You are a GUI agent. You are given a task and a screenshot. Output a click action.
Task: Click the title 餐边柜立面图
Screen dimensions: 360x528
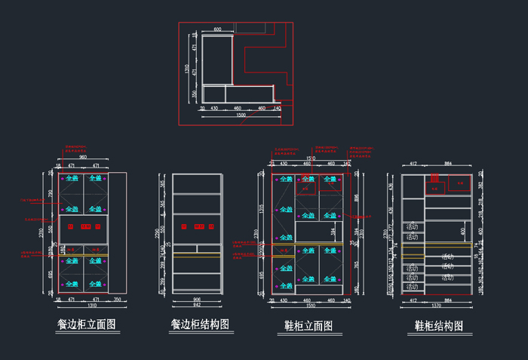(x=86, y=325)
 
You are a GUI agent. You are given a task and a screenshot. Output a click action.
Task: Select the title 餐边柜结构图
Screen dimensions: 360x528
(x=199, y=324)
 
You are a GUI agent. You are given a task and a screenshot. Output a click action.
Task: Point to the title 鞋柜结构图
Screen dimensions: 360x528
(x=439, y=325)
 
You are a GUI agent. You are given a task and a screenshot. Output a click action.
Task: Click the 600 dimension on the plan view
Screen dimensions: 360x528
(x=217, y=29)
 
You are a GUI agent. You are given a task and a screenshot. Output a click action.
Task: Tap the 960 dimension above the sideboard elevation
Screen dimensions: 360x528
(x=83, y=158)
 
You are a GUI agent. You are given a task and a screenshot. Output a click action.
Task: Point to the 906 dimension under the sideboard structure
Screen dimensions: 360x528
(x=198, y=300)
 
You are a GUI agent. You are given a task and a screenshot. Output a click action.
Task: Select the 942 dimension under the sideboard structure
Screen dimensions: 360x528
(x=198, y=306)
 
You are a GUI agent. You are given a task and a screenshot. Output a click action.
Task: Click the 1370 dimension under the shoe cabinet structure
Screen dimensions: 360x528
(x=438, y=306)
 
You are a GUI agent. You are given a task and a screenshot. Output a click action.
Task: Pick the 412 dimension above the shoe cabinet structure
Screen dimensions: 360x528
(x=413, y=163)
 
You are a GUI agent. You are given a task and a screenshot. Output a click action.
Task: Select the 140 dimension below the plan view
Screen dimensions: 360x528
(x=277, y=109)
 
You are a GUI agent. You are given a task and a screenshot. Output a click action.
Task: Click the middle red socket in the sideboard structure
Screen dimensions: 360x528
(x=199, y=226)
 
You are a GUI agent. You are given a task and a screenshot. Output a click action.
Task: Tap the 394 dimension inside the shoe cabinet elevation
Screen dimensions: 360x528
(x=333, y=232)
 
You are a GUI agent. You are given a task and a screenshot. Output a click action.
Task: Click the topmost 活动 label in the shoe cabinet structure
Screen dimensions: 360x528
(x=413, y=226)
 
